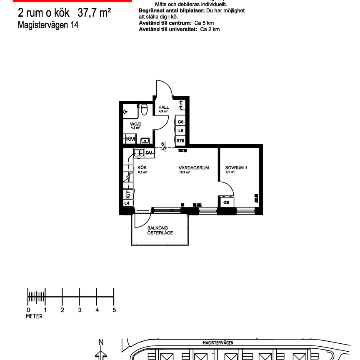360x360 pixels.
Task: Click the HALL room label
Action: (x=163, y=107)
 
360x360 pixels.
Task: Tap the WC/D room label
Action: (x=136, y=124)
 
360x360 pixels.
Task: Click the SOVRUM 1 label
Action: (x=233, y=167)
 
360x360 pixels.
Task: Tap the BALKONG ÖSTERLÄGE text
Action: (x=160, y=230)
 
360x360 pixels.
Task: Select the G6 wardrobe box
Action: (x=180, y=122)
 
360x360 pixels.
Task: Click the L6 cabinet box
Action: (x=180, y=131)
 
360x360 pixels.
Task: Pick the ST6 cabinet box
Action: (x=180, y=141)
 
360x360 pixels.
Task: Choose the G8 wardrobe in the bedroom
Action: (x=226, y=203)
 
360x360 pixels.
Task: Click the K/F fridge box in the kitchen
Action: (x=128, y=194)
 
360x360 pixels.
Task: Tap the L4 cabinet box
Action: (x=127, y=203)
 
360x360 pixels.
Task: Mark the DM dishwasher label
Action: (x=149, y=153)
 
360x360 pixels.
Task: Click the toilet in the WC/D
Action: (x=144, y=110)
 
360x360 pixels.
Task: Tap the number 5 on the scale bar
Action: (x=114, y=310)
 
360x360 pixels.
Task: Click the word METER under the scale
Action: (x=34, y=316)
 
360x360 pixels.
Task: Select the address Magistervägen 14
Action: (x=48, y=25)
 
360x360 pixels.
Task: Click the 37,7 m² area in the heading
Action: (x=94, y=13)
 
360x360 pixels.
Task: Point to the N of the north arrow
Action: (x=101, y=342)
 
